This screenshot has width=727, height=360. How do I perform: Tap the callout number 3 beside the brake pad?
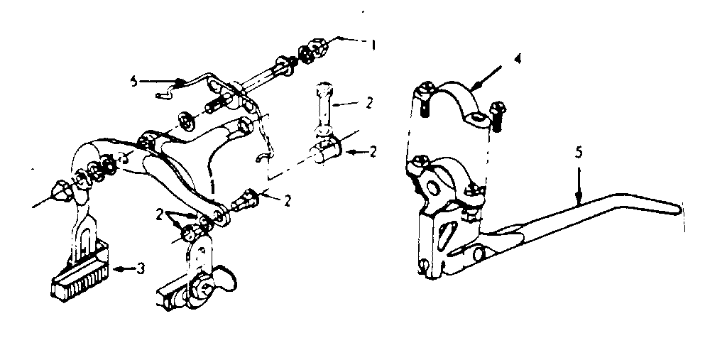[x=141, y=268]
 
